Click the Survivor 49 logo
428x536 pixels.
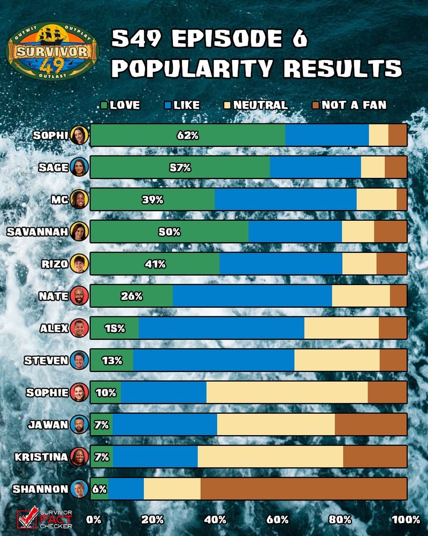click(52, 51)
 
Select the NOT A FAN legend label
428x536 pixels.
click(354, 106)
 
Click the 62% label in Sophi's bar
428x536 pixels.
click(188, 136)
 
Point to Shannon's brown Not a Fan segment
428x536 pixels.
click(303, 489)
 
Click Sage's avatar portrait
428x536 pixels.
click(79, 167)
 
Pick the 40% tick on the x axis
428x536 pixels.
click(215, 519)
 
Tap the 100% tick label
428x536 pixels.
click(406, 519)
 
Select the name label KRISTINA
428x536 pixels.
click(41, 457)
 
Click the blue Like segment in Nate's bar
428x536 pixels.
click(252, 296)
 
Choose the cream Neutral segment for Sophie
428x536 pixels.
click(287, 392)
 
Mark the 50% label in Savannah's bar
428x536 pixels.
click(170, 232)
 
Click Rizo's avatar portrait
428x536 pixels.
click(79, 264)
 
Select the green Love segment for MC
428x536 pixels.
click(152, 199)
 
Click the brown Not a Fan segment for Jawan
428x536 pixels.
click(371, 425)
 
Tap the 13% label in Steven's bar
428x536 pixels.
click(112, 361)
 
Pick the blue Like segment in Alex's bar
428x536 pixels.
click(221, 328)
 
